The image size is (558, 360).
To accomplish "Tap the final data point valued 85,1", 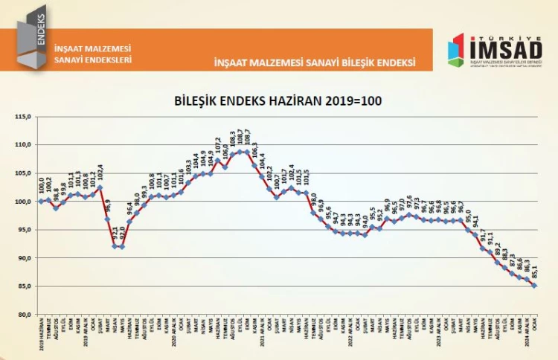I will click(533, 286).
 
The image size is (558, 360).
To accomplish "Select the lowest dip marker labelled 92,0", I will click(122, 247).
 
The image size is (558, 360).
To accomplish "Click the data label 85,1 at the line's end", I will click(534, 271).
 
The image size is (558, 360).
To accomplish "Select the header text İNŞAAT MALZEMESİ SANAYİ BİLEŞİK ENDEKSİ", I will click(314, 62).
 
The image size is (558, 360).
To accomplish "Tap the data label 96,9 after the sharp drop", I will click(108, 207).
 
